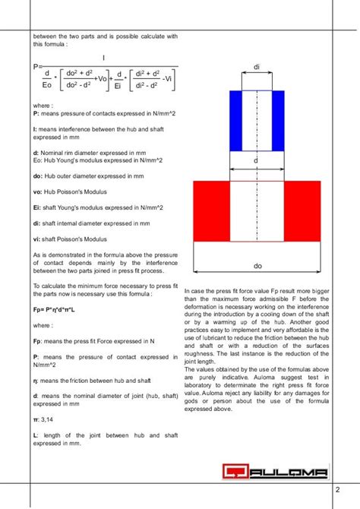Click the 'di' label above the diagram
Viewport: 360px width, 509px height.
point(257,68)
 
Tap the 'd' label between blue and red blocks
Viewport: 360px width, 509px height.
point(257,161)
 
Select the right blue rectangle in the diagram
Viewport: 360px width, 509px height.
point(279,122)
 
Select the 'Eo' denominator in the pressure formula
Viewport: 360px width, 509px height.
point(47,84)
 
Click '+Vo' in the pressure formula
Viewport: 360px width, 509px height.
point(98,78)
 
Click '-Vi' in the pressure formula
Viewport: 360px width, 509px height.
point(169,78)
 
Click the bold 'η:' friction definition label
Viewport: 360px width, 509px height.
point(36,380)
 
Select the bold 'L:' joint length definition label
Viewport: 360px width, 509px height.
point(36,435)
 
